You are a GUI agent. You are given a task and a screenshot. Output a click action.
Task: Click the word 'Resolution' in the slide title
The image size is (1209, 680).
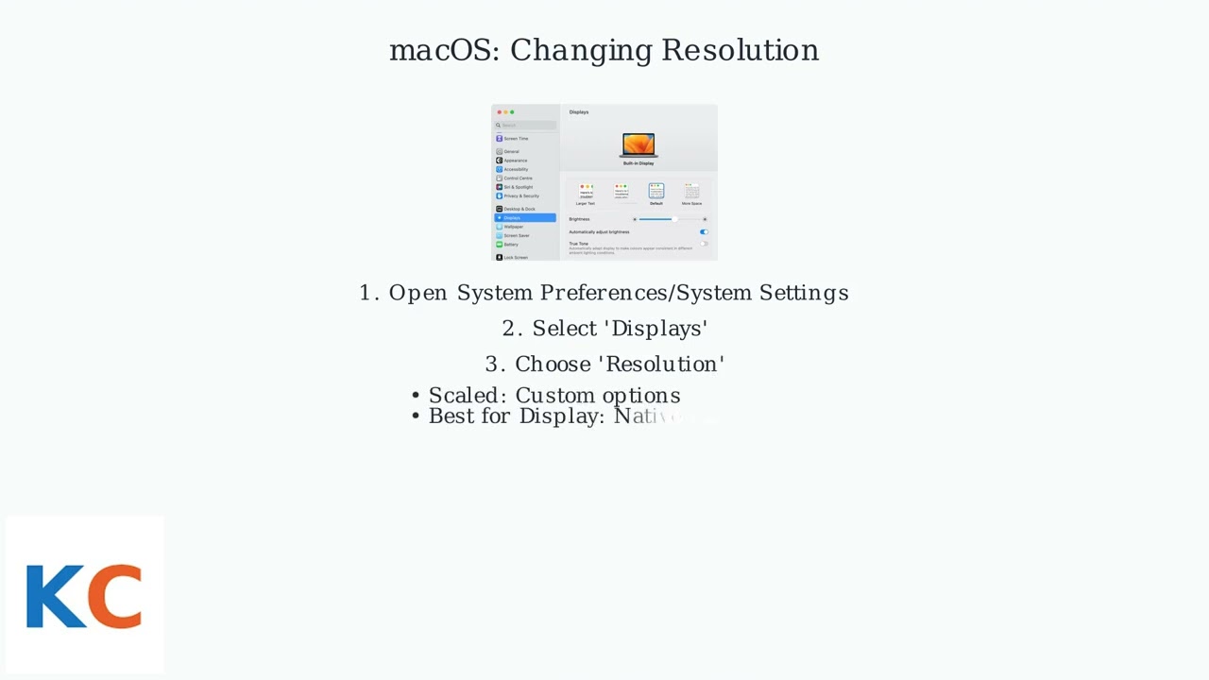pos(740,50)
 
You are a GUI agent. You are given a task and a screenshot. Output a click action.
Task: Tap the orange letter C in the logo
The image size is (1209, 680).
pos(117,596)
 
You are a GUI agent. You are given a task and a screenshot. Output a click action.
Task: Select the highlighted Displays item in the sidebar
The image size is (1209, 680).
pos(525,218)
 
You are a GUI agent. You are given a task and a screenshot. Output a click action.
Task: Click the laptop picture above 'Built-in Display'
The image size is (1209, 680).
pos(639,144)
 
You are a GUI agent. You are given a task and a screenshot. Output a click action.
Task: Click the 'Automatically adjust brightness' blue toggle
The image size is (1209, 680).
pos(704,231)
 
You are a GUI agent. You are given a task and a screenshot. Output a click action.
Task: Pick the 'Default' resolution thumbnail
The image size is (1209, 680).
pos(656,192)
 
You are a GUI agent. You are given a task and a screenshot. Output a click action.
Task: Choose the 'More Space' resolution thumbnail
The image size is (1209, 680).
pos(691,192)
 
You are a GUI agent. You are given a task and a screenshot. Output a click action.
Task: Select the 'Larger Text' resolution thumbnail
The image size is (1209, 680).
pos(586,192)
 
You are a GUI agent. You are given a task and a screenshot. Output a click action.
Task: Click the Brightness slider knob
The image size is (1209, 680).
pos(673,219)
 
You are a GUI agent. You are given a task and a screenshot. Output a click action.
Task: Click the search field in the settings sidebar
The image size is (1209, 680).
pos(525,125)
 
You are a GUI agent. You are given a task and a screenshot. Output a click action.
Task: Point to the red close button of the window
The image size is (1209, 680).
pos(499,112)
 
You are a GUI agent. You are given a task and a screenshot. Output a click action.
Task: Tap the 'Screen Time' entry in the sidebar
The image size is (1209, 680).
pos(516,139)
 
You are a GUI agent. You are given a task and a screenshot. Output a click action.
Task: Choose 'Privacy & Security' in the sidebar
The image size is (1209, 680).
pos(520,196)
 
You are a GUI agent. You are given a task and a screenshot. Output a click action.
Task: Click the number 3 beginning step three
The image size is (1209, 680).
pos(491,365)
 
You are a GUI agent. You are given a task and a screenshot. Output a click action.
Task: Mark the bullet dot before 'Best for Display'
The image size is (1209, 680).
pos(416,416)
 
